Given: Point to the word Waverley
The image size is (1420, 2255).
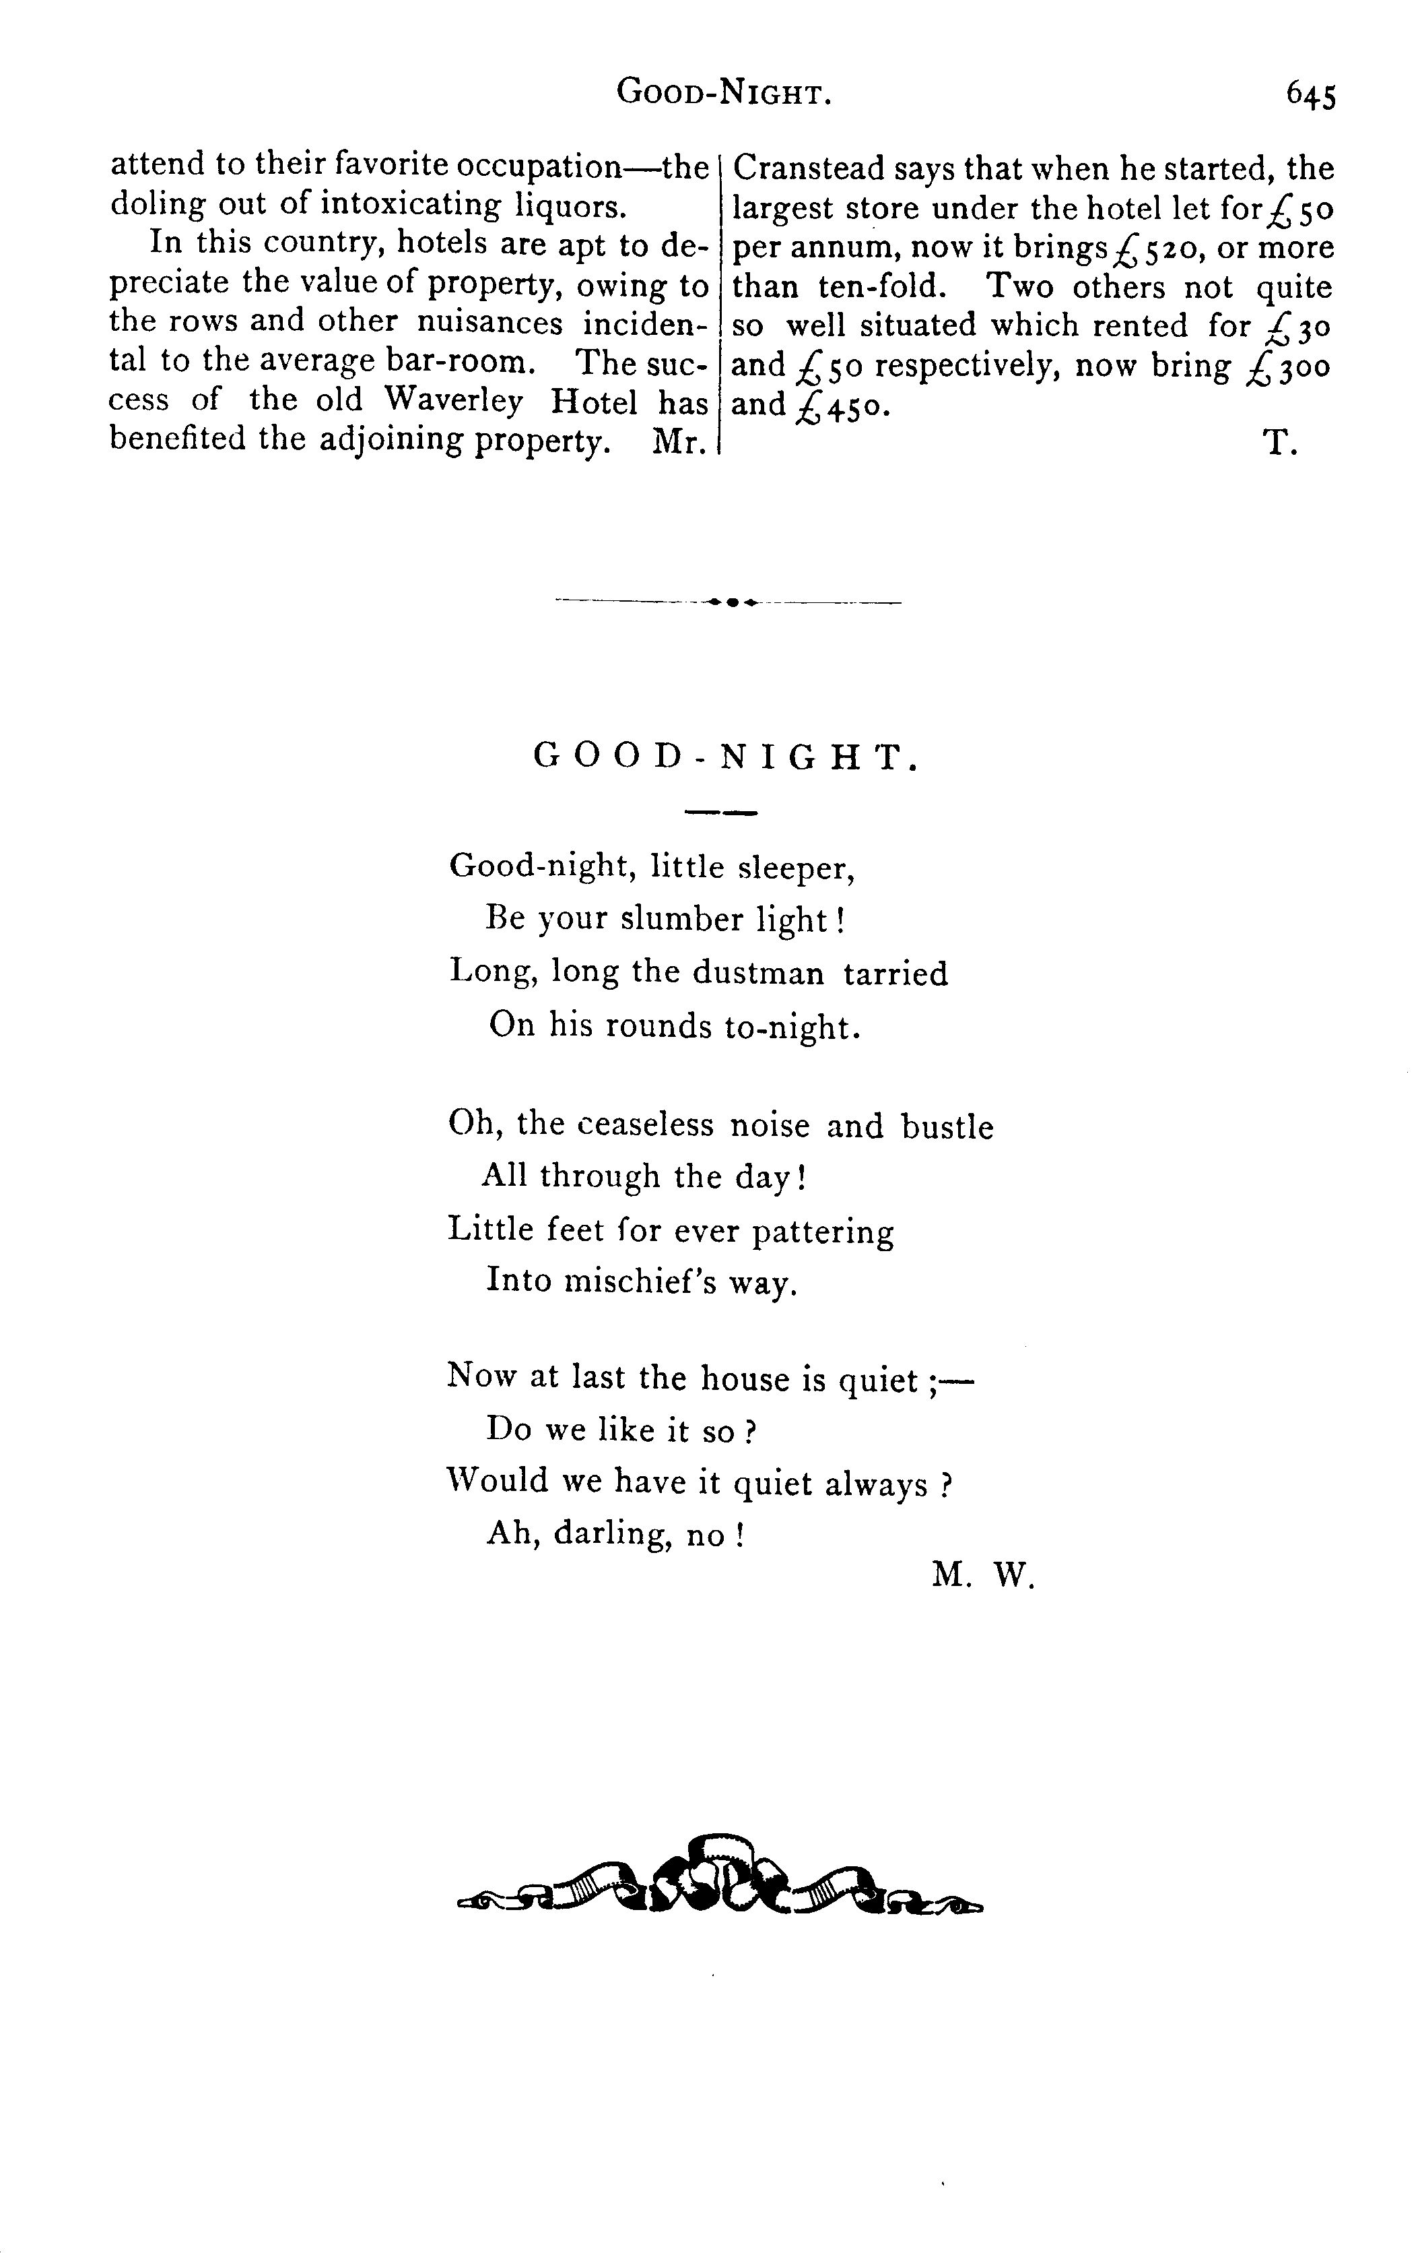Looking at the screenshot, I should click(454, 401).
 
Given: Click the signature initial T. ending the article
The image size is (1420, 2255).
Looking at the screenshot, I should click(1279, 443).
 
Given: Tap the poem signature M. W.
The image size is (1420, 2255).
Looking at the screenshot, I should click(983, 1577).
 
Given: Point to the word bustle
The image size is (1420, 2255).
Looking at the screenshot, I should click(947, 1126).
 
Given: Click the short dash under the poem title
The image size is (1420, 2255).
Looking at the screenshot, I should click(720, 813).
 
